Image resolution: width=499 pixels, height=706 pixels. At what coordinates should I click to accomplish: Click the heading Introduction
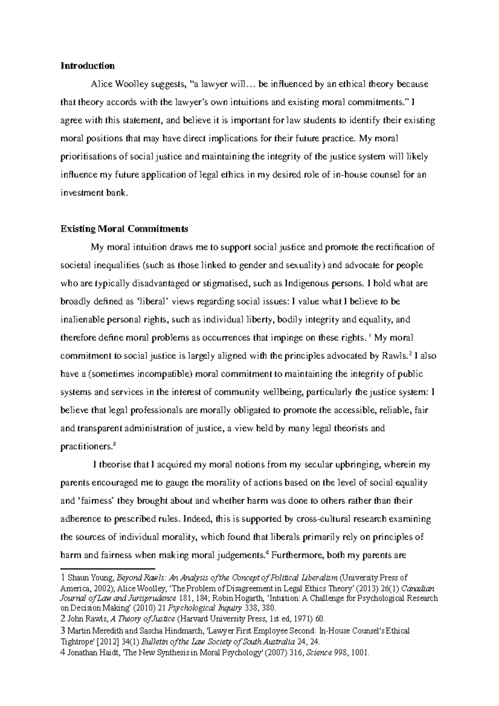pyautogui.click(x=87, y=66)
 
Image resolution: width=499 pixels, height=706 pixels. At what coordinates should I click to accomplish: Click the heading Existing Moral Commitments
pyautogui.click(x=124, y=229)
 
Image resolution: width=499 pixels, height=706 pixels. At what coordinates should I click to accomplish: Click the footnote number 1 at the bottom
pyautogui.click(x=63, y=578)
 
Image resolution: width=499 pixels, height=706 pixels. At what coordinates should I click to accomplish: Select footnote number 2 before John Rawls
pyautogui.click(x=63, y=618)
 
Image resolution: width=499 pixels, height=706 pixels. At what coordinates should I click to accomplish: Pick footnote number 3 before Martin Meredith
pyautogui.click(x=63, y=631)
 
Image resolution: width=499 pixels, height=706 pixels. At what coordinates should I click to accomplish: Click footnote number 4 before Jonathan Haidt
pyautogui.click(x=63, y=652)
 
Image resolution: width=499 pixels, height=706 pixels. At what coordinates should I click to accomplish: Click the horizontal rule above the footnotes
pyautogui.click(x=107, y=568)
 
